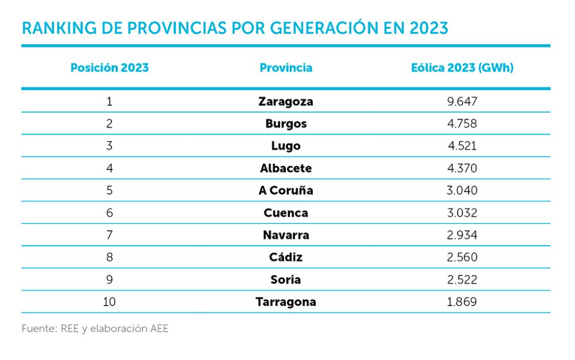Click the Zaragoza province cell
286,101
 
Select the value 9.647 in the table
462,101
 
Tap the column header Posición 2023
110,67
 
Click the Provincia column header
286,67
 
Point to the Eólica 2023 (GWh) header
462,67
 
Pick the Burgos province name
286,124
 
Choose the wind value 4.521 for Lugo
462,146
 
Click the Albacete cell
286,168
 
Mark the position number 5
110,191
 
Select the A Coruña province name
286,191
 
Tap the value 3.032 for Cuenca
462,213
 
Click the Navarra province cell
286,235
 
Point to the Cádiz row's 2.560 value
462,257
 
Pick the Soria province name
286,280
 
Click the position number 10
110,302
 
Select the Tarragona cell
286,302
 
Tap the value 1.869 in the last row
462,302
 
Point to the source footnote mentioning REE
95,328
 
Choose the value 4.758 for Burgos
462,124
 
